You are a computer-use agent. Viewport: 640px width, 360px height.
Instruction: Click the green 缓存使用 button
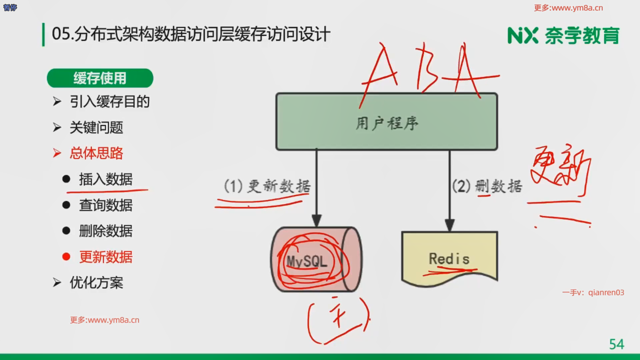click(100, 78)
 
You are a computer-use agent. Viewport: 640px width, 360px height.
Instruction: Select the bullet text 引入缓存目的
click(109, 102)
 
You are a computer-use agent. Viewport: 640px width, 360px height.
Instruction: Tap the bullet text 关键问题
click(96, 127)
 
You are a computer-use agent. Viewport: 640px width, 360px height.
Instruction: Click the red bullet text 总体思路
click(96, 153)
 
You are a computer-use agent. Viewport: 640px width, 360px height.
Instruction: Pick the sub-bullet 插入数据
click(106, 179)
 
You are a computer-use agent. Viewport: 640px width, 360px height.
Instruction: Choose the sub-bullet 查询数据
click(106, 205)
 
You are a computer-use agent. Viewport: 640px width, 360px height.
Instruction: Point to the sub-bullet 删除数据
click(106, 231)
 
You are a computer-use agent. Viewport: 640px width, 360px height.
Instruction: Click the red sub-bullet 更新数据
click(106, 257)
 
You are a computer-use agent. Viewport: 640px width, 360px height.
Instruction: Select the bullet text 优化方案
click(96, 283)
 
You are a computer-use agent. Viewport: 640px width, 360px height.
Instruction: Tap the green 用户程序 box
click(387, 122)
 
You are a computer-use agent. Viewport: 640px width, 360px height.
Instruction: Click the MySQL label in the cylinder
click(307, 261)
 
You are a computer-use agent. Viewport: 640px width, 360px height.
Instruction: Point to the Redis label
click(449, 259)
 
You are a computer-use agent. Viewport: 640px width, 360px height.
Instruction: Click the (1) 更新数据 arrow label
click(267, 186)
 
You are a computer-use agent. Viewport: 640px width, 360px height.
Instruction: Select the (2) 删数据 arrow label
click(487, 186)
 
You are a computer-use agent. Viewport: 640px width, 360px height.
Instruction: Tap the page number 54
click(616, 344)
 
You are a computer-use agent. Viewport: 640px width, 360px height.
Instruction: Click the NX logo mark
click(522, 35)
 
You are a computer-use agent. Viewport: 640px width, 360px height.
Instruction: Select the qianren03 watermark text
click(606, 293)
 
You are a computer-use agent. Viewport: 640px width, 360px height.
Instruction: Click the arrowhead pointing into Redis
click(450, 226)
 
